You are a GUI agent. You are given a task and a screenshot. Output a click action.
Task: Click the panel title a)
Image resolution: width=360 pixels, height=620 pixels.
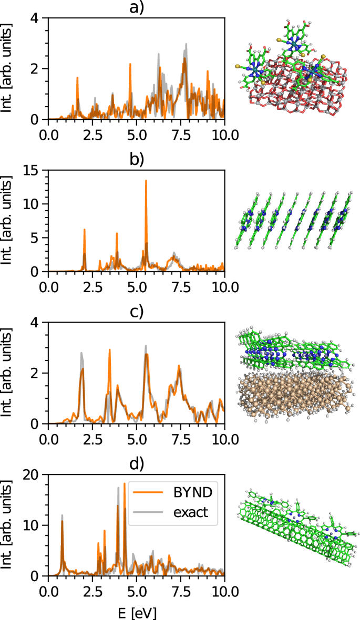click(x=136, y=7)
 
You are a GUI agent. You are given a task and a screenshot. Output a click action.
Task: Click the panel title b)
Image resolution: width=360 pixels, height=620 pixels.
click(x=136, y=160)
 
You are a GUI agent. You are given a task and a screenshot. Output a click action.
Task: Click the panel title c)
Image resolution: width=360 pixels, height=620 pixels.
click(x=136, y=312)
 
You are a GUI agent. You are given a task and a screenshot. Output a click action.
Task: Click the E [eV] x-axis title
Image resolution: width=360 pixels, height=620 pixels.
click(x=136, y=612)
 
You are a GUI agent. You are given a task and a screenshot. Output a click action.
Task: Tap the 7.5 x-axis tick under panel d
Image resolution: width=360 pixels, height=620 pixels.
click(x=180, y=590)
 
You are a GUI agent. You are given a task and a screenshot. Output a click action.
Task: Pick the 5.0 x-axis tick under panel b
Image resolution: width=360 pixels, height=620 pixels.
click(x=136, y=286)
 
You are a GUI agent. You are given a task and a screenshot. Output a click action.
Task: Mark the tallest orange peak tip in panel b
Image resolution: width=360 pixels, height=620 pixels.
click(x=146, y=181)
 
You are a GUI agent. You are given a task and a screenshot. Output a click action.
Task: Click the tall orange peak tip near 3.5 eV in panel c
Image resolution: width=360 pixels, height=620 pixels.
click(x=110, y=349)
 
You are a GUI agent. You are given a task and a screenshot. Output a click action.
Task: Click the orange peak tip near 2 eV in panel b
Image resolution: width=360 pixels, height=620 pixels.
click(x=84, y=229)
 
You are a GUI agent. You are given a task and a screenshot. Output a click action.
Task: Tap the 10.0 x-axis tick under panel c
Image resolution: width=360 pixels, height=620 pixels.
click(x=224, y=438)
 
